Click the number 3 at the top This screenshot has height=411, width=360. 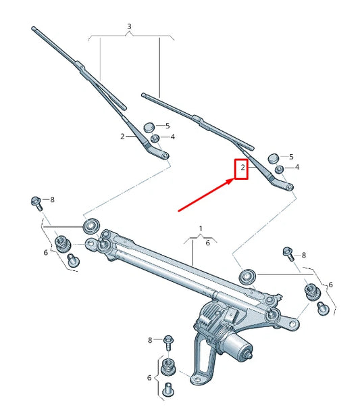point(129,26)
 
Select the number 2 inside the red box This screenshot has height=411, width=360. point(242,166)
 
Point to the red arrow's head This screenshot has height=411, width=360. point(231,180)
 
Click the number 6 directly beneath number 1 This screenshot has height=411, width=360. point(207,243)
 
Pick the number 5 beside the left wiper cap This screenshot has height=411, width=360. point(168,126)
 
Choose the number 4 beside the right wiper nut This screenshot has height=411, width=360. point(297,167)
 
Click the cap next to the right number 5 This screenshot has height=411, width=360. point(274,157)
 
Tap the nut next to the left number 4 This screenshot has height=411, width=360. point(154,138)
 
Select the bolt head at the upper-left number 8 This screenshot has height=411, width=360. point(35,201)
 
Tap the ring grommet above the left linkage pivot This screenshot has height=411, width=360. point(89,225)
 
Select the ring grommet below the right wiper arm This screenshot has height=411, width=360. point(248,276)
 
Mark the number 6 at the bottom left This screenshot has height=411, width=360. point(149,377)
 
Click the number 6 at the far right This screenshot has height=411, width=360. point(330,285)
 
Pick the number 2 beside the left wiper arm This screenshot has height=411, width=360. point(122,137)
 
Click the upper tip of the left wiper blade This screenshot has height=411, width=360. point(34,28)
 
